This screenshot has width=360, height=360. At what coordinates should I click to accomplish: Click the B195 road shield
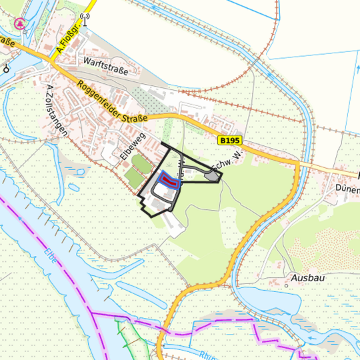[x=229, y=140]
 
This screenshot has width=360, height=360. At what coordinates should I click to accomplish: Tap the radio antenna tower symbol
[x=84, y=18]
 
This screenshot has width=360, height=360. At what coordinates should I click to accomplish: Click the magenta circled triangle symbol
[x=21, y=23]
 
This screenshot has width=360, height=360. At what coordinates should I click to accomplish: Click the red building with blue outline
[x=169, y=180]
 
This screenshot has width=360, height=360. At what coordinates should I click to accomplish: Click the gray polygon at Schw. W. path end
[x=213, y=175]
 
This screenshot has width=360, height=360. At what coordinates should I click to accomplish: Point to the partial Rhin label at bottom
[x=207, y=355]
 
